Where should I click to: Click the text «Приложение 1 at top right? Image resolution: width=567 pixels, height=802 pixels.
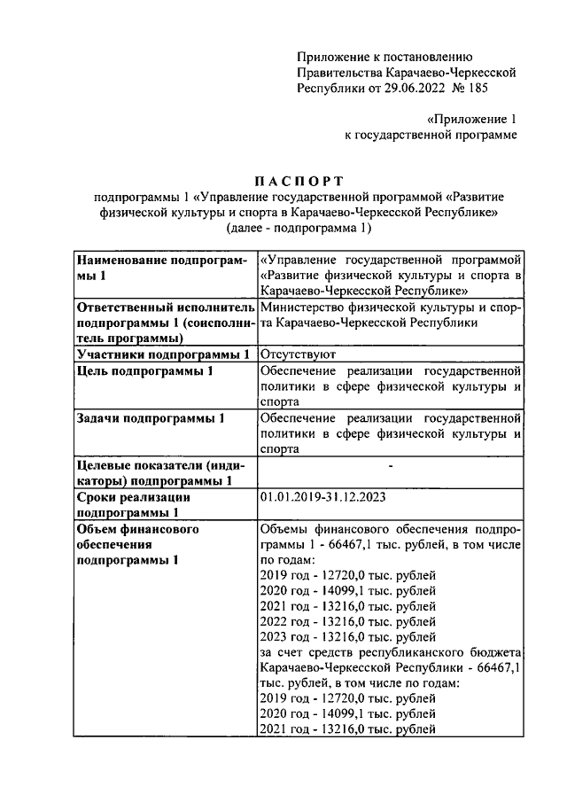point(471,118)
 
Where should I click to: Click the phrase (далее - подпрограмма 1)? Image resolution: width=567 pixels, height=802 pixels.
point(298,228)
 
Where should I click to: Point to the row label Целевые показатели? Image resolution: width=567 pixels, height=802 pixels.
point(160,464)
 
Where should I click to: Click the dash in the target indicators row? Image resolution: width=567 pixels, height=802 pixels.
point(390,464)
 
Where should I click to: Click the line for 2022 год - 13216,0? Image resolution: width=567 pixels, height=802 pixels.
point(347,621)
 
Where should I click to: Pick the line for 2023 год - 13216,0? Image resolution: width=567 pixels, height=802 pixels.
point(347,636)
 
